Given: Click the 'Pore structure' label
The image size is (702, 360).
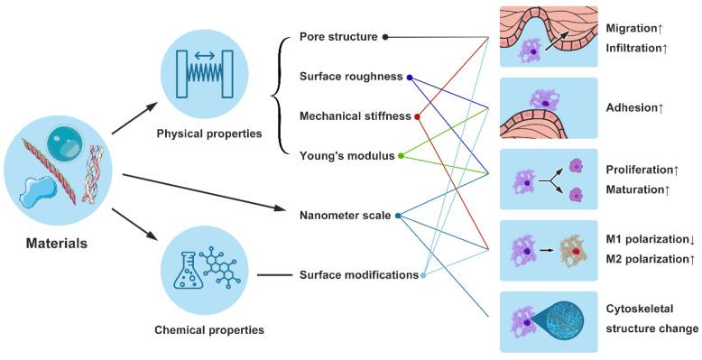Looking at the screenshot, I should coord(338,37).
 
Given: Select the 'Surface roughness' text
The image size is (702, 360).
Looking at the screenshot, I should coord(350,77).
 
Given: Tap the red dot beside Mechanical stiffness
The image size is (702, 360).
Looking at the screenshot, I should coord(417,116).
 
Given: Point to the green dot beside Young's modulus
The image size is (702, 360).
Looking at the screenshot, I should coord(402,156).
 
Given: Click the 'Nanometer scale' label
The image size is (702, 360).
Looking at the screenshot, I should coord(345,216).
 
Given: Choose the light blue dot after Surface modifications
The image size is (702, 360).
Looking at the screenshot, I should coord(424,275).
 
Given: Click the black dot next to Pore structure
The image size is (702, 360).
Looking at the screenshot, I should coord(386,37).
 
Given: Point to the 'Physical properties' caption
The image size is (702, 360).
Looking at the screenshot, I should coord(210,134).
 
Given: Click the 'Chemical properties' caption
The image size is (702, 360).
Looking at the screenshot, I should coord(210,330).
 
